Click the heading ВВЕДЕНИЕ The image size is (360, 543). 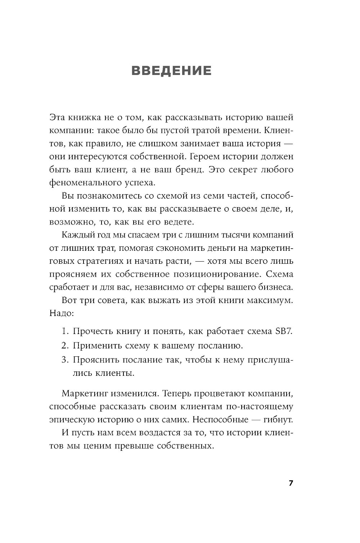[171, 70]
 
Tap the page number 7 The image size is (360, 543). [291, 483]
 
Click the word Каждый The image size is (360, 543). [77, 235]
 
